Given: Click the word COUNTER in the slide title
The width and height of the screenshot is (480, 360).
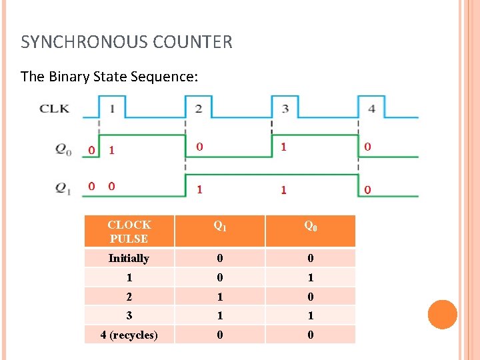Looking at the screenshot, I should pyautogui.click(x=193, y=43).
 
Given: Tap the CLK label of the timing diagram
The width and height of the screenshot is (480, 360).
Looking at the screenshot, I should pyautogui.click(x=54, y=108).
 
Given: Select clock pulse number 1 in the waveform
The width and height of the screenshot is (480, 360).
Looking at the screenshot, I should pyautogui.click(x=112, y=108).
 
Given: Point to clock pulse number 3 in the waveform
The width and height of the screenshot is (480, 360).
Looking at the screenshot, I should pyautogui.click(x=285, y=108).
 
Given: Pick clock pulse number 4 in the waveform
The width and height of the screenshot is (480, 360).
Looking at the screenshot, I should pyautogui.click(x=371, y=108).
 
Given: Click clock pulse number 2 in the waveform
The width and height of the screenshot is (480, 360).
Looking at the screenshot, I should pyautogui.click(x=199, y=108).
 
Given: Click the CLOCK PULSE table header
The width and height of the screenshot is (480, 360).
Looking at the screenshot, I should pyautogui.click(x=129, y=231).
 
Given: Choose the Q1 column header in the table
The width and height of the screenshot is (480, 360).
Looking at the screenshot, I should pyautogui.click(x=220, y=226).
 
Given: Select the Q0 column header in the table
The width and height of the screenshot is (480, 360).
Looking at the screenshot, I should pyautogui.click(x=311, y=226).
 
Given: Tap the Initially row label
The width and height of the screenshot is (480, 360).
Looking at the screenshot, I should pyautogui.click(x=129, y=258).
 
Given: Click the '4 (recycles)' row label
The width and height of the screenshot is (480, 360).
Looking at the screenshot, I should pyautogui.click(x=129, y=335).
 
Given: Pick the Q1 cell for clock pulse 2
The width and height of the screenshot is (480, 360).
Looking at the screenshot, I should pyautogui.click(x=219, y=297).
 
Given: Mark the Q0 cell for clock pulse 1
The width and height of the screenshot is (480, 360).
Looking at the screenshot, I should pyautogui.click(x=310, y=277).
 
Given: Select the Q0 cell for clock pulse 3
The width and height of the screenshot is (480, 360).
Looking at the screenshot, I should pyautogui.click(x=310, y=315).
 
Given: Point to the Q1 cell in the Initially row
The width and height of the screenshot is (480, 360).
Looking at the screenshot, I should pyautogui.click(x=219, y=258).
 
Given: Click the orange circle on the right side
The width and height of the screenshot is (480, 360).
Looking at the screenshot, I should pyautogui.click(x=443, y=315).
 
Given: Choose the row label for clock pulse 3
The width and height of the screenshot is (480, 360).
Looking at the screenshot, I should pyautogui.click(x=129, y=315).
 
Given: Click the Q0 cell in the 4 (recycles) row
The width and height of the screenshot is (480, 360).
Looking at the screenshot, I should pyautogui.click(x=310, y=335).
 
